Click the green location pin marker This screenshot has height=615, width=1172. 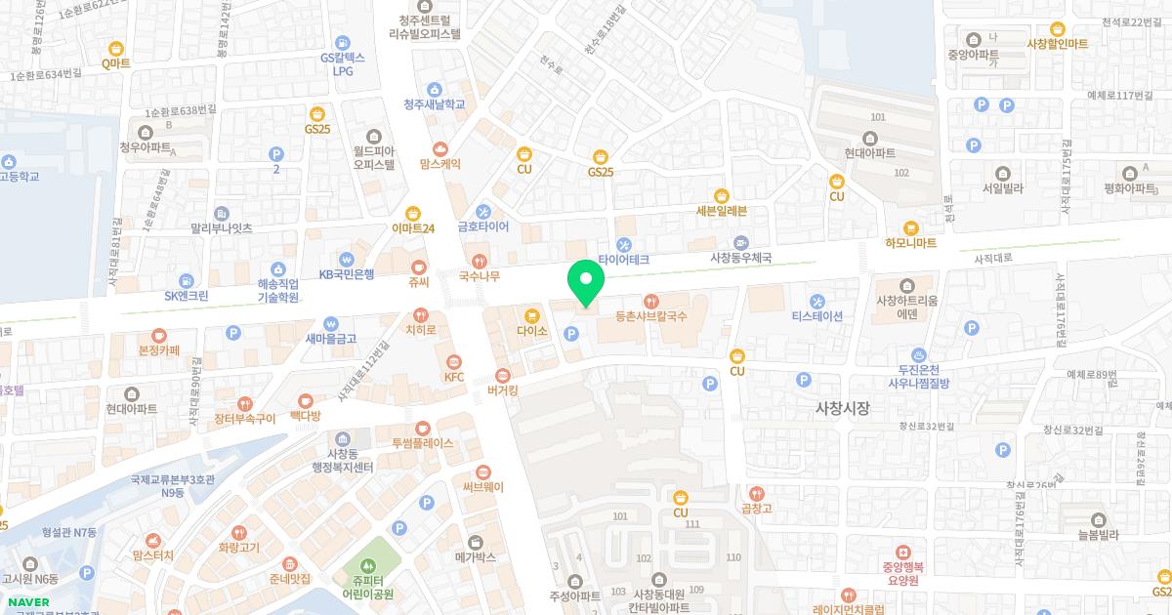[586, 283]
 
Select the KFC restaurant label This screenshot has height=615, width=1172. [453, 377]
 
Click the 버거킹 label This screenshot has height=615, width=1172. [502, 390]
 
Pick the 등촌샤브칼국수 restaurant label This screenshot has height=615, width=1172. [651, 315]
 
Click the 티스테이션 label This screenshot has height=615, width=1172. [816, 315]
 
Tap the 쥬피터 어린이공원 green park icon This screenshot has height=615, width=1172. [368, 565]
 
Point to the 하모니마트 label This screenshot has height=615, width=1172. [910, 242]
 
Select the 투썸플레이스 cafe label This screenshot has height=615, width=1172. [422, 442]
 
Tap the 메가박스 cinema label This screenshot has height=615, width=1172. [476, 557]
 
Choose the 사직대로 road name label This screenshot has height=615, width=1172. [994, 260]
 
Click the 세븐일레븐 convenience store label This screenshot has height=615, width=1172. [722, 210]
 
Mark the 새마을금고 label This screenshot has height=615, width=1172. [331, 339]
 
